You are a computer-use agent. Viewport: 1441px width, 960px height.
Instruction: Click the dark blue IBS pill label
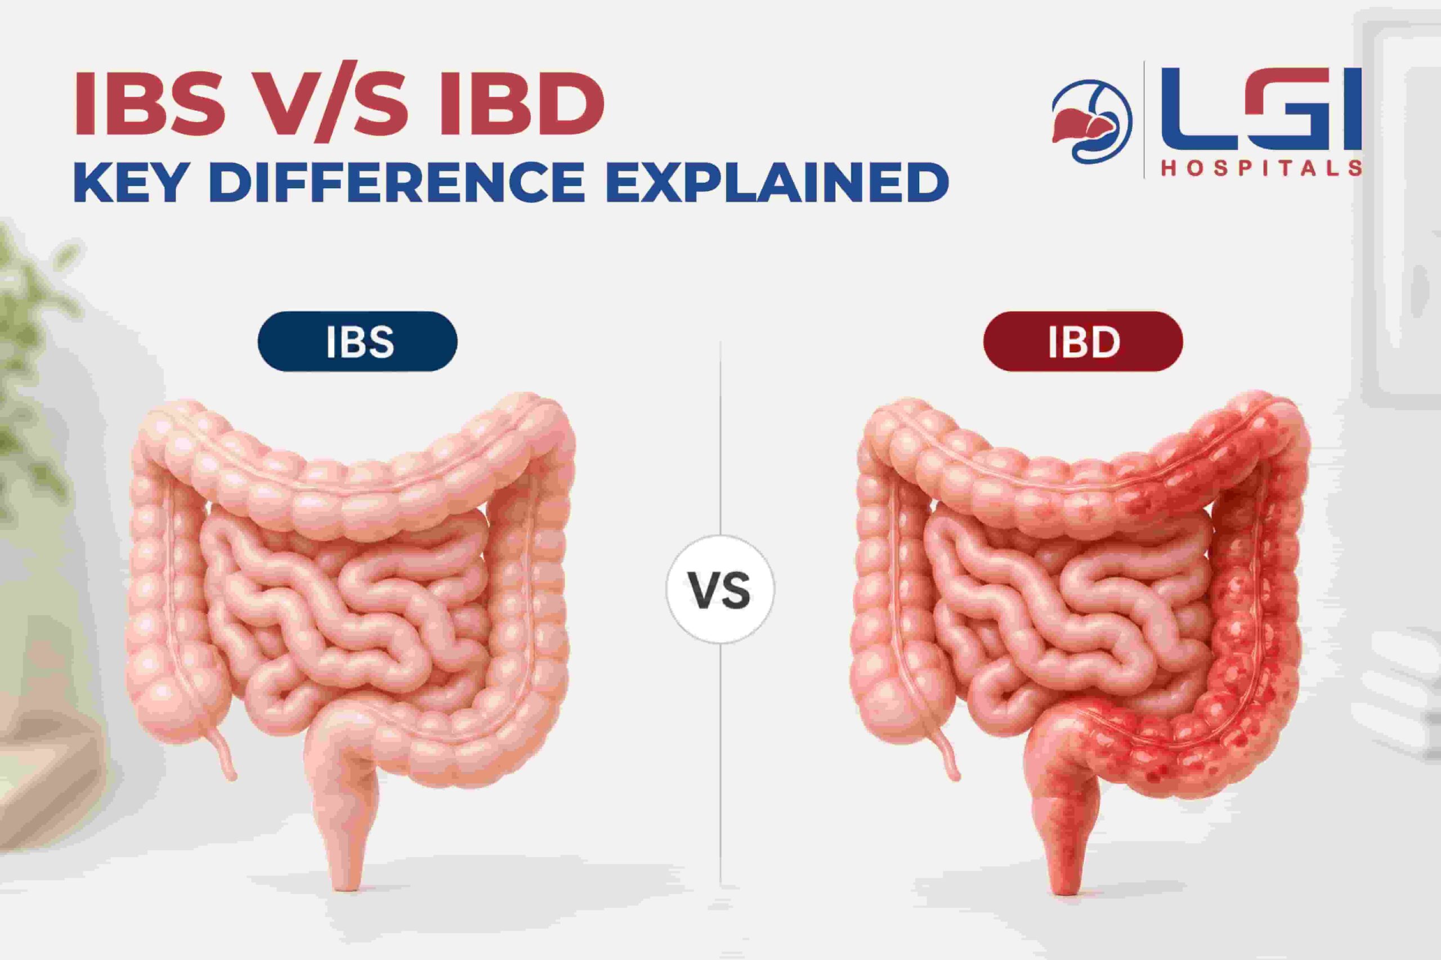tap(357, 341)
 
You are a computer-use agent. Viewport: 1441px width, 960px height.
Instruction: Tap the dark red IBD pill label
tap(1083, 341)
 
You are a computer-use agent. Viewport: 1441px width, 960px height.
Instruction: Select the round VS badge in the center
tap(720, 589)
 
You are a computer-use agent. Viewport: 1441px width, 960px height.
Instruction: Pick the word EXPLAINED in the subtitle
tap(777, 182)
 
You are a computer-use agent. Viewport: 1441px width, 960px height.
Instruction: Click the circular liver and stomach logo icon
tap(1092, 121)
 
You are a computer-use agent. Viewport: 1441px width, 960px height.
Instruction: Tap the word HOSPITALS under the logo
tap(1261, 168)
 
